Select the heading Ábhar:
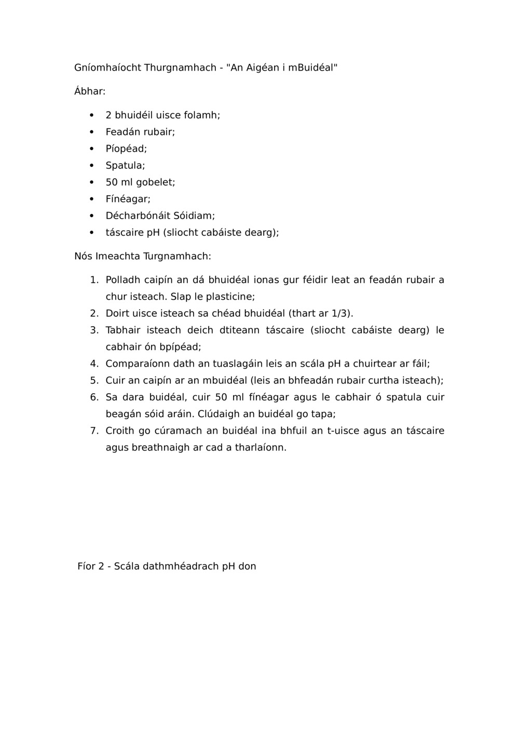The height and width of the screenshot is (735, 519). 90,91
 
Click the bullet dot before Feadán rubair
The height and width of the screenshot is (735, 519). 92,132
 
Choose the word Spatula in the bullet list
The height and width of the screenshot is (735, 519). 125,166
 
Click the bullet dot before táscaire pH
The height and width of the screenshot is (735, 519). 92,232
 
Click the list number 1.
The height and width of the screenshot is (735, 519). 93,280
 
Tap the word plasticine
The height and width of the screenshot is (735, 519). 230,297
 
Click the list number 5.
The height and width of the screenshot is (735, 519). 93,380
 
